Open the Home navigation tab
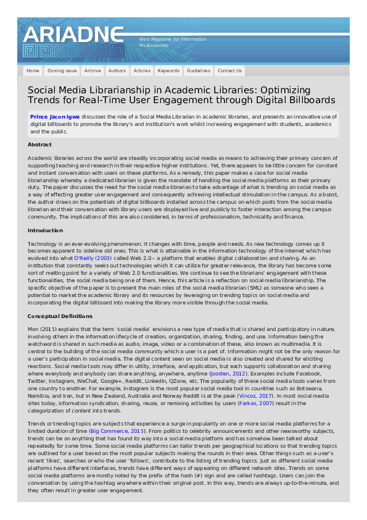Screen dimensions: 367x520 tap(33, 71)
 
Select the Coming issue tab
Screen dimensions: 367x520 tap(62, 71)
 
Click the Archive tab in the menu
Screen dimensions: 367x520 tap(93, 71)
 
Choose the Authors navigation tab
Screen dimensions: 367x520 tap(117, 71)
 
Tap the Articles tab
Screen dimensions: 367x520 tap(142, 71)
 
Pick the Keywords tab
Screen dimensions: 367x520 tap(168, 71)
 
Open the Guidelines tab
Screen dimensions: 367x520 tap(199, 71)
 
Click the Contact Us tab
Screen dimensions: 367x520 tap(229, 71)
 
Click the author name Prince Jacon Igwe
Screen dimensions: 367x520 tap(56, 116)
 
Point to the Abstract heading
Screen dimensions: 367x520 tap(39, 145)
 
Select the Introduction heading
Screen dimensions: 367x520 tap(45, 230)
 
